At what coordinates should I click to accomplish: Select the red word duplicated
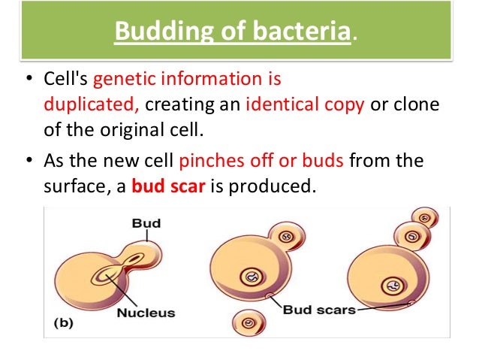pyautogui.click(x=85, y=104)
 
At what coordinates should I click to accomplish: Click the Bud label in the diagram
pyautogui.click(x=146, y=223)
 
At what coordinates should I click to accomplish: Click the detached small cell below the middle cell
pyautogui.click(x=249, y=322)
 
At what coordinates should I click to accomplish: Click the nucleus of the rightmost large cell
pyautogui.click(x=391, y=285)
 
